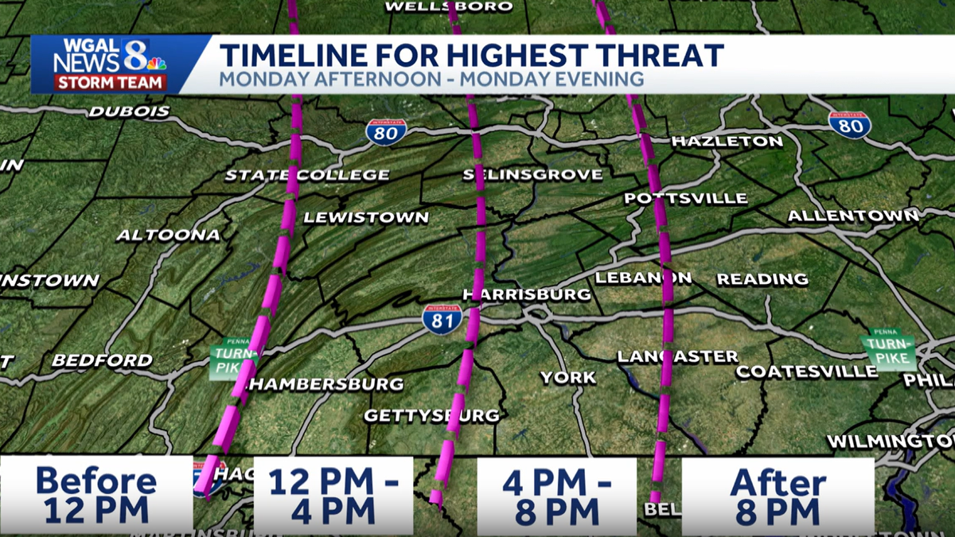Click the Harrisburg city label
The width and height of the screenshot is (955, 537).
pyautogui.click(x=528, y=294)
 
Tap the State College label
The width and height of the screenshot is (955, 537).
pyautogui.click(x=307, y=175)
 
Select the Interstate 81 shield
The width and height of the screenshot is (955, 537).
pyautogui.click(x=442, y=318)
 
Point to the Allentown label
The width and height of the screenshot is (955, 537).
pyautogui.click(x=853, y=216)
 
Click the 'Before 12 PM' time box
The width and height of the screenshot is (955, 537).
pyautogui.click(x=96, y=495)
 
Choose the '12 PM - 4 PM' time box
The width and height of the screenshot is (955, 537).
pyautogui.click(x=333, y=495)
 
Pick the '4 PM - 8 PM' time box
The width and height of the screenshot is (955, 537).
pyautogui.click(x=556, y=495)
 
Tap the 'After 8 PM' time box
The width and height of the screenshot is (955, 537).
pyautogui.click(x=778, y=495)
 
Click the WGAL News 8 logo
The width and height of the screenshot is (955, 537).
pyautogui.click(x=110, y=64)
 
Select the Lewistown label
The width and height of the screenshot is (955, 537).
pyautogui.click(x=366, y=217)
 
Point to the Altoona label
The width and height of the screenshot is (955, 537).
pyautogui.click(x=168, y=235)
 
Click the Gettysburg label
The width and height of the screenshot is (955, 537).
pyautogui.click(x=432, y=415)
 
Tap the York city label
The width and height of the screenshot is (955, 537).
pyautogui.click(x=568, y=377)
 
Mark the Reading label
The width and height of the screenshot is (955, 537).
pyautogui.click(x=762, y=279)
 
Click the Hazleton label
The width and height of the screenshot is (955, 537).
pyautogui.click(x=727, y=142)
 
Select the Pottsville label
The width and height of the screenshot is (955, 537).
pyautogui.click(x=686, y=198)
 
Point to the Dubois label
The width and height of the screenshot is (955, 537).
pyautogui.click(x=129, y=111)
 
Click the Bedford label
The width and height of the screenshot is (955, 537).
pyautogui.click(x=102, y=360)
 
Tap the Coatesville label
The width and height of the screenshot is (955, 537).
pyautogui.click(x=807, y=372)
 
